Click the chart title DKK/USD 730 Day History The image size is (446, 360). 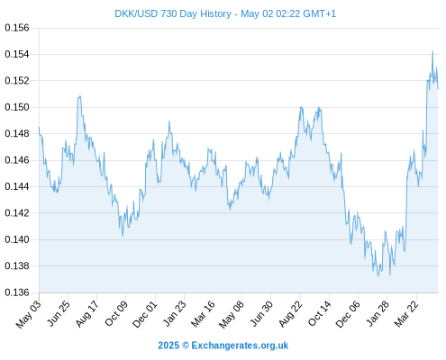pos(173,13)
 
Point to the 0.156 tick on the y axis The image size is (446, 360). pos(17,28)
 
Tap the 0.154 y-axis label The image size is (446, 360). pos(17,54)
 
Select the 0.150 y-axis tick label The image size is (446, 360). pos(17,107)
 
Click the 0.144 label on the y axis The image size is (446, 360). pos(17,186)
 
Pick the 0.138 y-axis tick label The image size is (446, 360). pos(17,265)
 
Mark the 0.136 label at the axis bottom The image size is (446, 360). pos(17,292)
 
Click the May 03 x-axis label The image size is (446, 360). pos(29,314)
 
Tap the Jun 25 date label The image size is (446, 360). pos(59,312)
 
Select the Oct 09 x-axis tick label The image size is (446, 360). pos(116,312)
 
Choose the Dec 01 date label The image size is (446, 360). pos(145,313)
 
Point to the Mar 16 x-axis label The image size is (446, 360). pos(204,313)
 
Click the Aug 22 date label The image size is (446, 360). pos(290,313)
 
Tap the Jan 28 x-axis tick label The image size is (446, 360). pos(378,313)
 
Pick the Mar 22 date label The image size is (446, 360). pos(406,313)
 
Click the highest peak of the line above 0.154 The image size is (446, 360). pos(432,51)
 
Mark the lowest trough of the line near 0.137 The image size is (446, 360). pos(378,276)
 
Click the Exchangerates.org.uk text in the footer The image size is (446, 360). pos(240,346)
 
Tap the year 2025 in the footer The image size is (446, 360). pos(168,346)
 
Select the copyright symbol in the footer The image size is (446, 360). pos(186,346)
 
